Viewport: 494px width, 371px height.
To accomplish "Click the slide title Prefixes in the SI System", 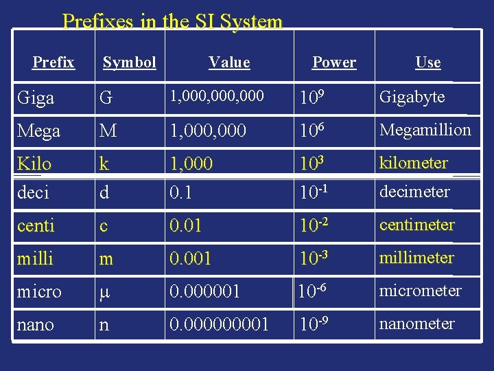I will (172, 21).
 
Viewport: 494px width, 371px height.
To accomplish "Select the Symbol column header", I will (129, 63).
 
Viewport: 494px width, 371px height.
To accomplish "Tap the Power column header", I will (334, 63).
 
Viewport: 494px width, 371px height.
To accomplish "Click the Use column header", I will (427, 63).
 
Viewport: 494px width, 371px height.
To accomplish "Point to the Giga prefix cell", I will (36, 98).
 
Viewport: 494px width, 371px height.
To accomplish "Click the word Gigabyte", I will (412, 97).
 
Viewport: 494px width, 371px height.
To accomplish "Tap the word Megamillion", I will (425, 130).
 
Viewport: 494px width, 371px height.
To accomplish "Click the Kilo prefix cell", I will (34, 164).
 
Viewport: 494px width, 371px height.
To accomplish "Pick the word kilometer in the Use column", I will (414, 163).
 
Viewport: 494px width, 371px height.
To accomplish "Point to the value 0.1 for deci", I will (180, 193).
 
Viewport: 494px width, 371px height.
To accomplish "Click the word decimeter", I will (414, 192).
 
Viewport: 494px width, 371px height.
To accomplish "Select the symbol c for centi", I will (104, 225).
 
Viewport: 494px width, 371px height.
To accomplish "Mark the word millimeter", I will (416, 258).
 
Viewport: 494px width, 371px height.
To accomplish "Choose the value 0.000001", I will (204, 291).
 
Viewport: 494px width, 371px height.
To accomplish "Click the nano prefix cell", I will (35, 324).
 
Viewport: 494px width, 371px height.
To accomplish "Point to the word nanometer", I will (416, 324).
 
